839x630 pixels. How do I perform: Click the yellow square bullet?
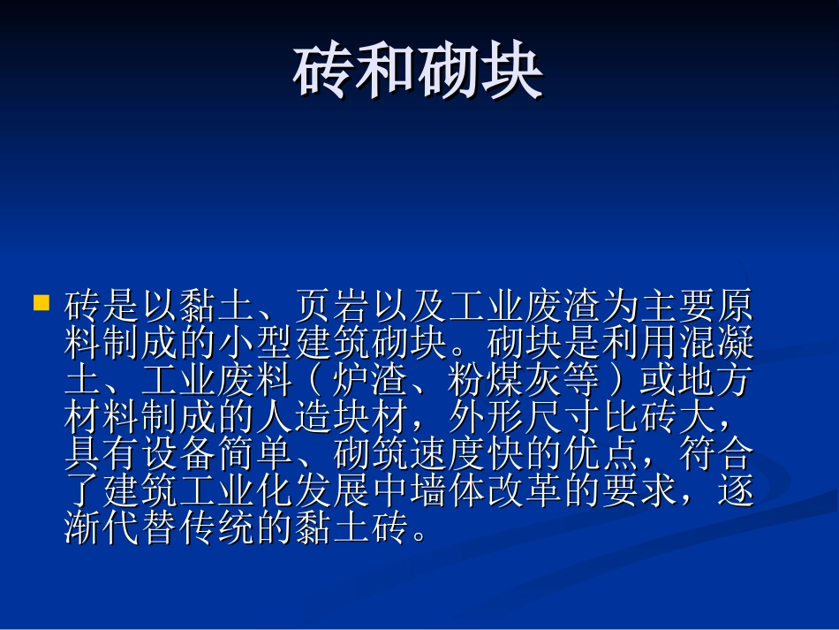coord(41,303)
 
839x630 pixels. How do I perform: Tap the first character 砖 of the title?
coord(323,73)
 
